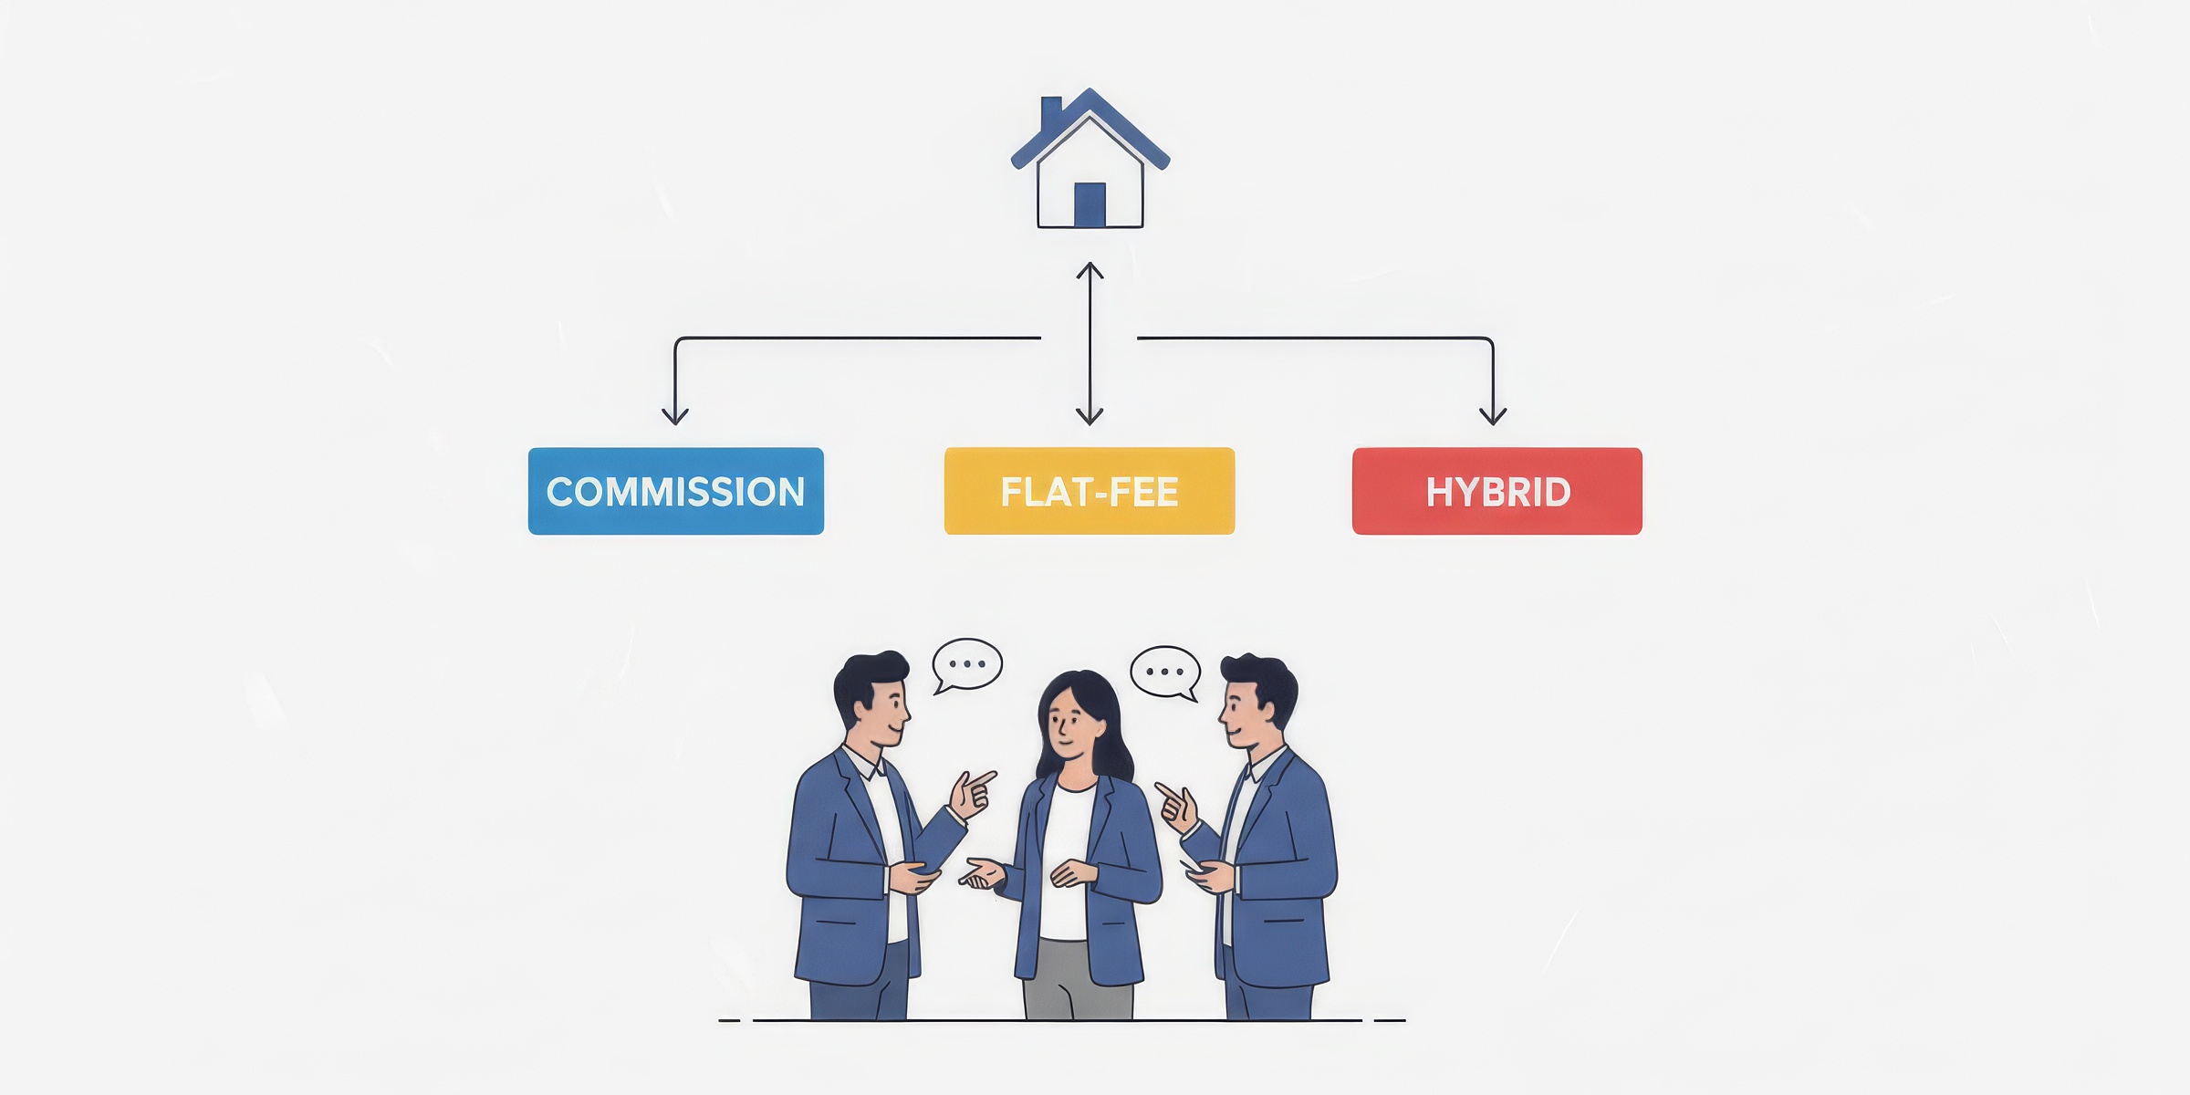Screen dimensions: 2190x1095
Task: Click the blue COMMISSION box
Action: [x=676, y=491]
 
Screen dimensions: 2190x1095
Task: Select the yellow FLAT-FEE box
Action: [x=1090, y=491]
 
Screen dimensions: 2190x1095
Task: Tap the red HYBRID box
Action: [x=1497, y=491]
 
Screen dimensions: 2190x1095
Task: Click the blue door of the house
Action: [x=1090, y=204]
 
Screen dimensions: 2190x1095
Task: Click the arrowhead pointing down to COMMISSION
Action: [x=675, y=415]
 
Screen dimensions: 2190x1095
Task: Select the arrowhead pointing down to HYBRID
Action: [x=1493, y=415]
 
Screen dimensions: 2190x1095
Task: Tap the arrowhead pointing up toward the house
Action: [x=1090, y=271]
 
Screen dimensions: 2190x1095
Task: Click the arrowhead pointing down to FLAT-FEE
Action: [x=1090, y=415]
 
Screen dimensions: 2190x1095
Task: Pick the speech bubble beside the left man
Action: [x=967, y=665]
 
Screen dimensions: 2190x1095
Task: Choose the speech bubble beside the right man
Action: [x=1165, y=673]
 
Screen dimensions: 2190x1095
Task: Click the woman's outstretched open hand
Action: [x=982, y=874]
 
